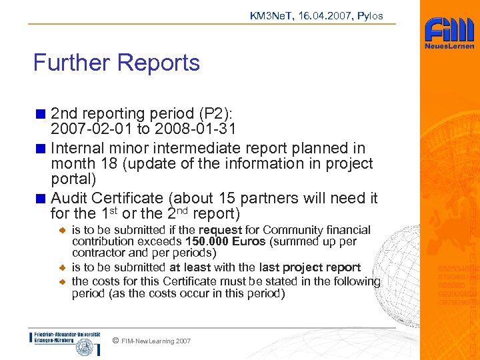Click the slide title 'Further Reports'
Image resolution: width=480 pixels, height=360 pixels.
click(x=117, y=63)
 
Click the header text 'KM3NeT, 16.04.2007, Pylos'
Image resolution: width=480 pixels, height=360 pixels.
click(x=316, y=15)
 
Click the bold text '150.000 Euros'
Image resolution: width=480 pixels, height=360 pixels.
click(x=227, y=241)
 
